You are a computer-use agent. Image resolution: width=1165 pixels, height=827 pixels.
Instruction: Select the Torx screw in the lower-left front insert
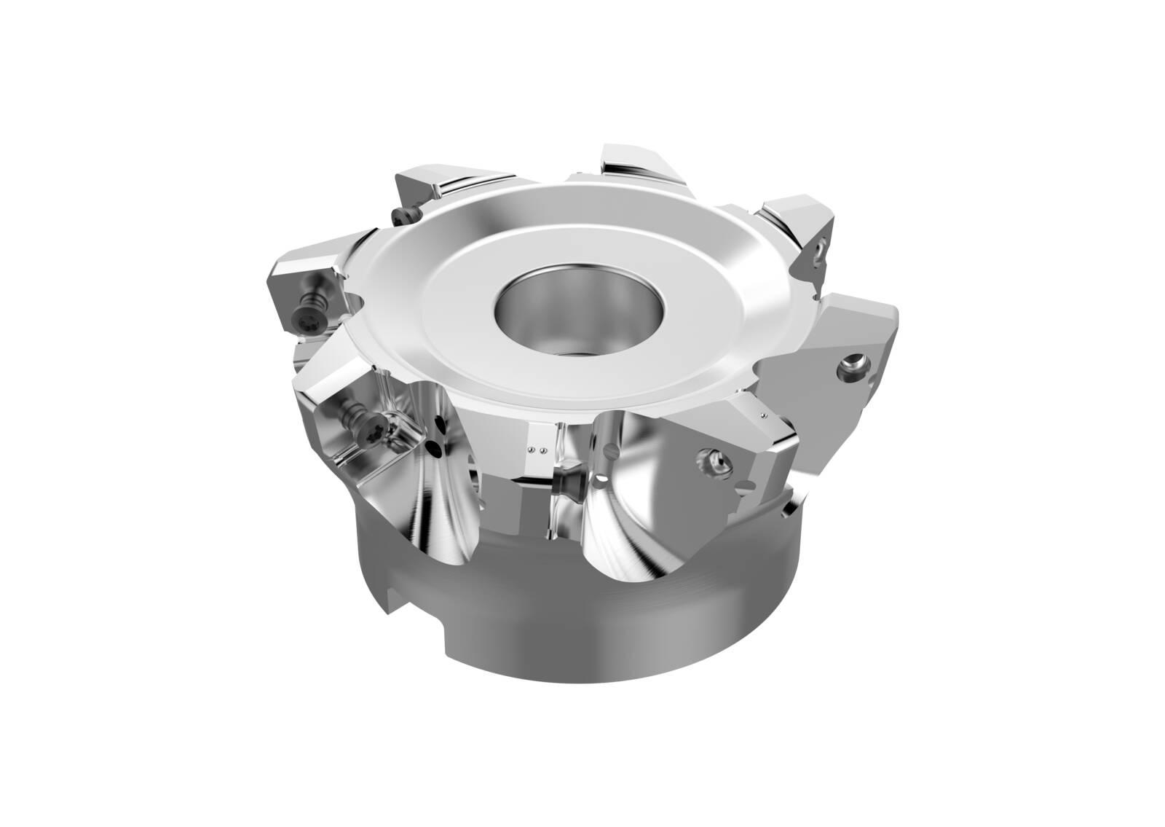pos(374,420)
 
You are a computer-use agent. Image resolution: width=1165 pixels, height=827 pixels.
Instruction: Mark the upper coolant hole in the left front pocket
pos(441,423)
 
